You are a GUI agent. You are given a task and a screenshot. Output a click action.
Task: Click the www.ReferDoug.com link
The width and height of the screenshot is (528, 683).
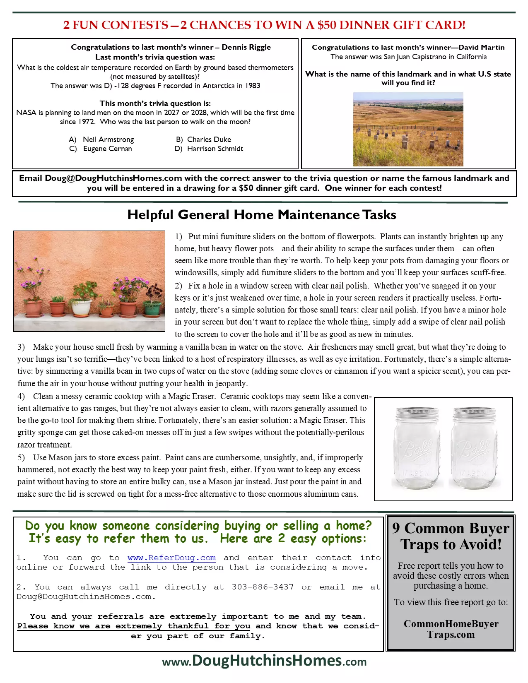click(171, 558)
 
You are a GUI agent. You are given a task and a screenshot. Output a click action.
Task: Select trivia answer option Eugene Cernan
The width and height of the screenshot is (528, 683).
click(107, 149)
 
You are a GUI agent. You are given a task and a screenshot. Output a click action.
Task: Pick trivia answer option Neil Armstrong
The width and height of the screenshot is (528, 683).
click(108, 139)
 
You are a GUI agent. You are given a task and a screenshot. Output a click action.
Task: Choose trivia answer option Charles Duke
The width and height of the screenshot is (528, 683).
click(209, 139)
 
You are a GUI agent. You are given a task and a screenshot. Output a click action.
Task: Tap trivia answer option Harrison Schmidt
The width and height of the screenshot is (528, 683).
click(215, 149)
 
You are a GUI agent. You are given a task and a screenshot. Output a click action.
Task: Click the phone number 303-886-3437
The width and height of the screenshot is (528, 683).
click(263, 587)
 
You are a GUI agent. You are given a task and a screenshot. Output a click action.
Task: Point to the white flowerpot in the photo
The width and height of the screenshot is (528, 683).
click(81, 307)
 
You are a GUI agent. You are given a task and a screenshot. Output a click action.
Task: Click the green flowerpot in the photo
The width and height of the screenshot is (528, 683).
click(152, 308)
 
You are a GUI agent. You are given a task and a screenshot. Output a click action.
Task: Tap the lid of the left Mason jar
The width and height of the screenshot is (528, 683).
click(417, 413)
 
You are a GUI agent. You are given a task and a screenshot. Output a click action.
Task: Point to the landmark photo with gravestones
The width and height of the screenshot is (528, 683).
click(408, 129)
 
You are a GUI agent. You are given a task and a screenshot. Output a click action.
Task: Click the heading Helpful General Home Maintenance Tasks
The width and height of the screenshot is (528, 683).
click(262, 215)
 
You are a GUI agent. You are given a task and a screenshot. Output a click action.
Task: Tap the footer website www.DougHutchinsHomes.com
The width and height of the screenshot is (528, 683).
click(264, 661)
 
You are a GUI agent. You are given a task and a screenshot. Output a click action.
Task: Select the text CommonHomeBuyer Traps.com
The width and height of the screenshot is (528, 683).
click(451, 629)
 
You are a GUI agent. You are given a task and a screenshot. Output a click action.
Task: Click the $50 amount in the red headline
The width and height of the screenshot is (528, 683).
click(327, 25)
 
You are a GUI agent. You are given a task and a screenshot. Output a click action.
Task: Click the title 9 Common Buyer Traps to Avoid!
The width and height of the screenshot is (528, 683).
click(451, 536)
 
